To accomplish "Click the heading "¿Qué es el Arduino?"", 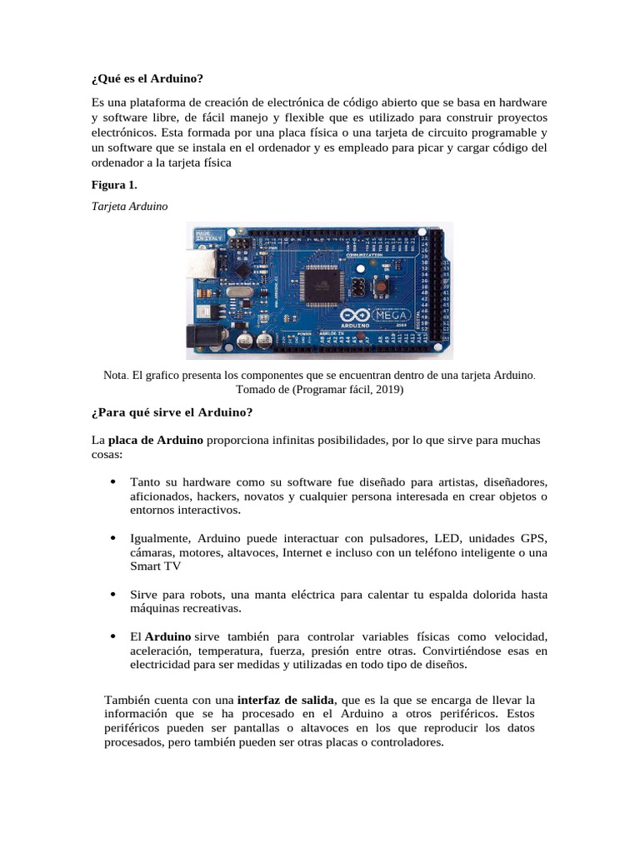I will [147, 79].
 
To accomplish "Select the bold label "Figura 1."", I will [114, 185].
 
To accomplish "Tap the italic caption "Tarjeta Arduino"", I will [129, 207].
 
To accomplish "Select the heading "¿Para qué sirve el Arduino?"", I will [171, 413].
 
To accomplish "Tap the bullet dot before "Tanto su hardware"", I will [112, 482].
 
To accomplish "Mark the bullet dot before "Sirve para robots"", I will [112, 595].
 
